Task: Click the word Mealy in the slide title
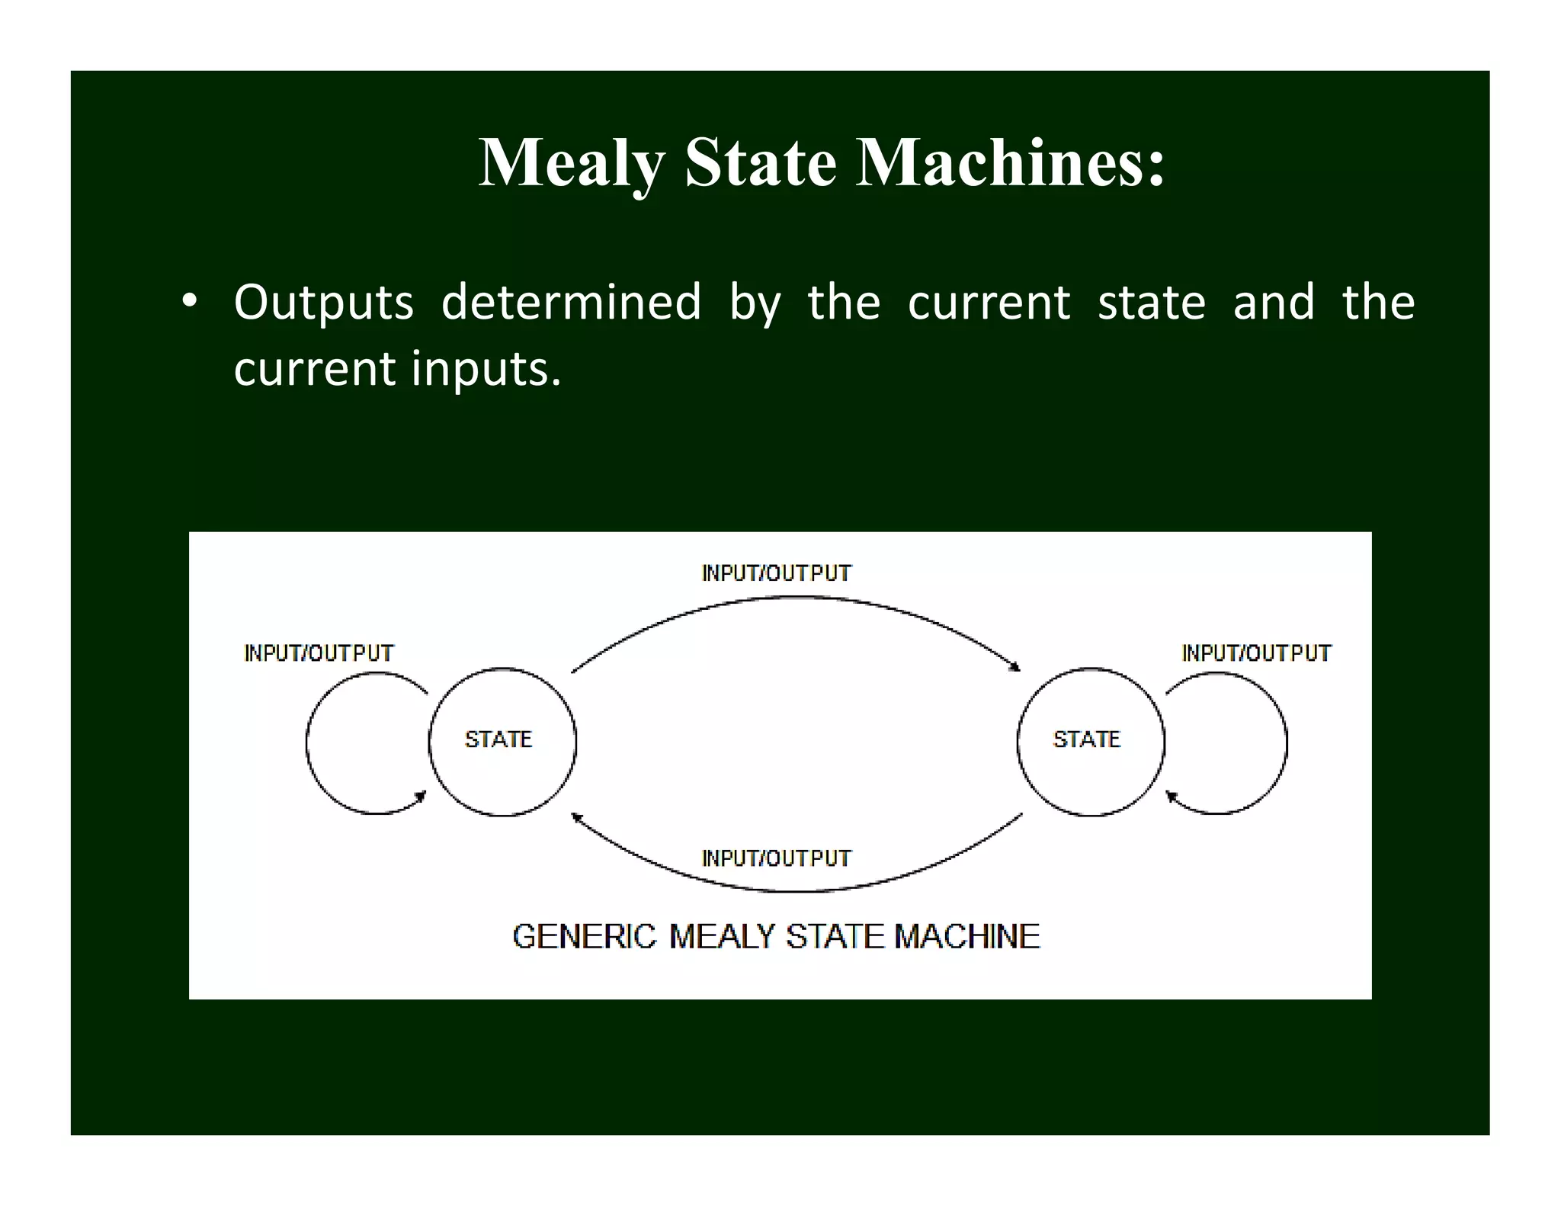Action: pyautogui.click(x=572, y=163)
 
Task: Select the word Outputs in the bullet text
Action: pyautogui.click(x=323, y=303)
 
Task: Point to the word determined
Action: pyautogui.click(x=571, y=302)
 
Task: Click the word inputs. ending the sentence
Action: pyautogui.click(x=486, y=369)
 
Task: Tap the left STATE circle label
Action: pyautogui.click(x=498, y=739)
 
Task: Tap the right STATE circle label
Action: pyautogui.click(x=1086, y=739)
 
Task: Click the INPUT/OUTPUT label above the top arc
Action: pyautogui.click(x=776, y=573)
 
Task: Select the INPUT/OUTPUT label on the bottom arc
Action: pyautogui.click(x=776, y=858)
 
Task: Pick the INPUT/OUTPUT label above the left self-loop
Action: pyautogui.click(x=319, y=653)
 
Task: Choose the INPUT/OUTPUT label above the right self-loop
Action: pyautogui.click(x=1256, y=653)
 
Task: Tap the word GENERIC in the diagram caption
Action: pyautogui.click(x=584, y=936)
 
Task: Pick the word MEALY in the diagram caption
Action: pyautogui.click(x=722, y=936)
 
